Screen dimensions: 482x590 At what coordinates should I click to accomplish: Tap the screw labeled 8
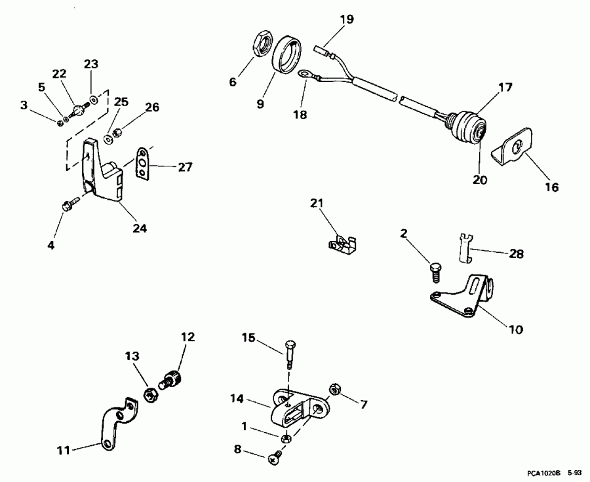[275, 458]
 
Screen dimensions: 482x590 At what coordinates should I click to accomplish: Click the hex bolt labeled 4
[68, 206]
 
